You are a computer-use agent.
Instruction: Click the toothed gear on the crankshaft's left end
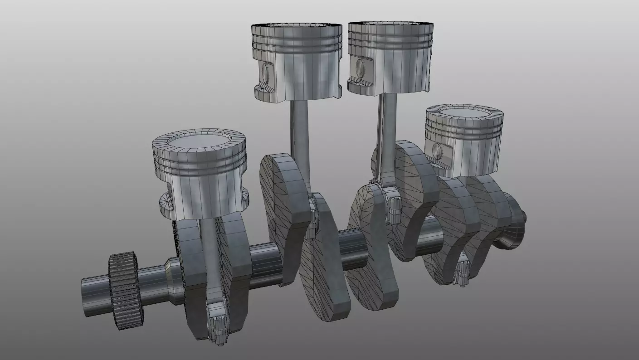[x=123, y=290]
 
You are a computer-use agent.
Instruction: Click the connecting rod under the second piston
[x=299, y=136]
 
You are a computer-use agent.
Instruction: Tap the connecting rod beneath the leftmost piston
[x=210, y=254]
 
